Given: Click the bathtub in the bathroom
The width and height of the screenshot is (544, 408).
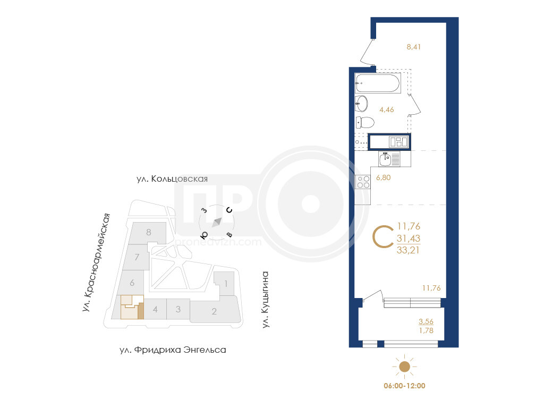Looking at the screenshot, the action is pos(378,83).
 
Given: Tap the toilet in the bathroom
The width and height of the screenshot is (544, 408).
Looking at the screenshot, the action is pos(365,123).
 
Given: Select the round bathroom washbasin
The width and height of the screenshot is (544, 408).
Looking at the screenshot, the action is pos(361,104).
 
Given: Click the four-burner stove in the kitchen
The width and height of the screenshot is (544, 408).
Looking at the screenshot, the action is pos(363,182).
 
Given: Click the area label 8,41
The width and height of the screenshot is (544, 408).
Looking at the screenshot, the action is pos(413,47).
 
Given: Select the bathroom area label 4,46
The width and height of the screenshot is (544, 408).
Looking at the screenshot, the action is pos(387,109).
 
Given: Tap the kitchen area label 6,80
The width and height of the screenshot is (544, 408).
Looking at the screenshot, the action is pos(384,177).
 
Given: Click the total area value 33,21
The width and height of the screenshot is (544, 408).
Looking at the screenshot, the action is pos(409,250).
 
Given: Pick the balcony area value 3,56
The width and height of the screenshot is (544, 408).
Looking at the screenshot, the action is pos(426,321).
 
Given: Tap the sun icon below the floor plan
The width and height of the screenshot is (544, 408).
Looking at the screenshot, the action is pos(404,367).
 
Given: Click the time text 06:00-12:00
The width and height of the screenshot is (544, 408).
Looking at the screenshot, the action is pos(404,386).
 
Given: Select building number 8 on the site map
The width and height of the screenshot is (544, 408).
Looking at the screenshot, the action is pos(149,232).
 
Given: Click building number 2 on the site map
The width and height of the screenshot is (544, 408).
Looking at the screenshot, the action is pos(214,311).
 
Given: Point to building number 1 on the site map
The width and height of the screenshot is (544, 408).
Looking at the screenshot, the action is pos(226,284).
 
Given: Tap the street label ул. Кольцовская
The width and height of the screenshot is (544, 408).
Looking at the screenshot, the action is pos(172,179).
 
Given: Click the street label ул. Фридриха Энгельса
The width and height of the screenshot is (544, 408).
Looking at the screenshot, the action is pos(173,350).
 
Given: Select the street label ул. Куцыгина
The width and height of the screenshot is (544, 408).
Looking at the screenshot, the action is pos(266,300).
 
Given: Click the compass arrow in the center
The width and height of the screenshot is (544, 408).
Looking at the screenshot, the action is pos(217,222).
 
